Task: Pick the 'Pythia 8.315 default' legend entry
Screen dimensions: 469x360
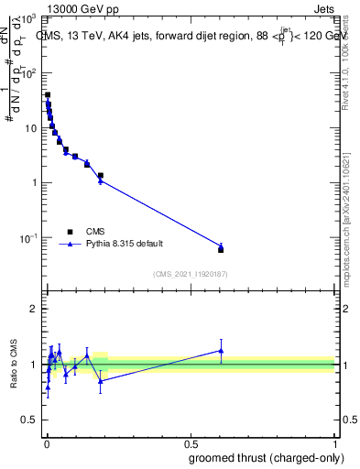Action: click(x=112, y=245)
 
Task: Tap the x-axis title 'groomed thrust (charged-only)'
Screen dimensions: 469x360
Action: click(x=267, y=457)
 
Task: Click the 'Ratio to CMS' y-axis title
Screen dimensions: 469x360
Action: click(x=15, y=365)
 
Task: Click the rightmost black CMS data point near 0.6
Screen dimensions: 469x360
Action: click(x=221, y=249)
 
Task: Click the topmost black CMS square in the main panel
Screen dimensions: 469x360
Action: click(x=48, y=94)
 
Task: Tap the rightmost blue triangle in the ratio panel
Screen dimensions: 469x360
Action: click(x=221, y=350)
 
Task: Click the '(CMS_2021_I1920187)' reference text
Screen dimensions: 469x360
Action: click(x=190, y=274)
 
